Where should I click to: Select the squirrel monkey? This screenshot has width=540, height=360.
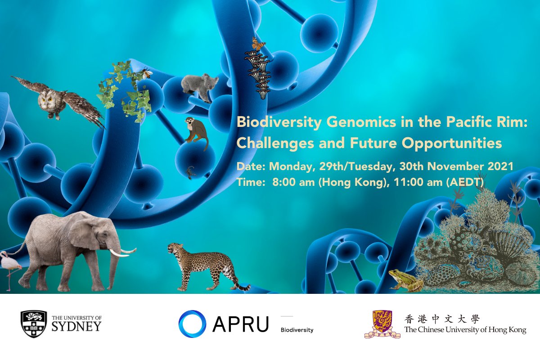[197, 133]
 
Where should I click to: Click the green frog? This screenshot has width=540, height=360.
[405, 280]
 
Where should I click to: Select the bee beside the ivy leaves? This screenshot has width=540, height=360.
[147, 73]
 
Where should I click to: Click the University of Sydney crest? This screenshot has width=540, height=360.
[34, 324]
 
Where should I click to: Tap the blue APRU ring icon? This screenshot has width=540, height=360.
[192, 324]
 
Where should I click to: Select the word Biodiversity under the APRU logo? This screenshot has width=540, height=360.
[297, 330]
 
